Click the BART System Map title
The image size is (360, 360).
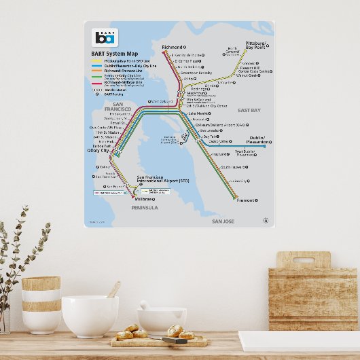[114, 53]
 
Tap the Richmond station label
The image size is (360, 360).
[173, 48]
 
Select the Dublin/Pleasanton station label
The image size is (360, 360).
[257, 140]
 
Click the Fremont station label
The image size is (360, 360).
[245, 200]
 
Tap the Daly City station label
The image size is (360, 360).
[98, 150]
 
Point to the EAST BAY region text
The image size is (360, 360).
[249, 110]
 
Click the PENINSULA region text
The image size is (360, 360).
[144, 208]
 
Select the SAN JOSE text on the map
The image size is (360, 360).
[223, 221]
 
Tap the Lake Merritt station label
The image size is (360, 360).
[199, 113]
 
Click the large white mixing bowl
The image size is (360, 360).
[90, 315]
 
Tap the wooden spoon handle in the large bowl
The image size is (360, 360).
[114, 289]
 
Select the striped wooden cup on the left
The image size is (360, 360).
[41, 304]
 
